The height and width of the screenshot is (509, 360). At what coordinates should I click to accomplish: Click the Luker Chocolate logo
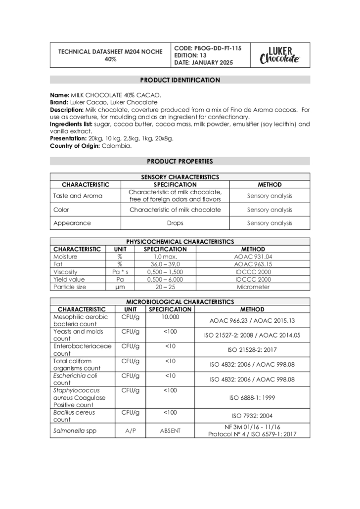(279, 55)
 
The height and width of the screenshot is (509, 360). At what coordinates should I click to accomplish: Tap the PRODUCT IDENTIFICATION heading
(180, 80)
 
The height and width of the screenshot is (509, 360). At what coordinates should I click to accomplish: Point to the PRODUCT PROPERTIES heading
(180, 162)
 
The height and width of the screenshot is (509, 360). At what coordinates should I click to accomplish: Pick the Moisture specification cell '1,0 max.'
(165, 257)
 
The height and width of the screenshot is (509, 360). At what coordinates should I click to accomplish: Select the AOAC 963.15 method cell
(253, 264)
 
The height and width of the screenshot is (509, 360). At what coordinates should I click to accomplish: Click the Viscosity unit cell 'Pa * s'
(120, 272)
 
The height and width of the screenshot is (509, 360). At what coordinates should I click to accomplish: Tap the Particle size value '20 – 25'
(165, 287)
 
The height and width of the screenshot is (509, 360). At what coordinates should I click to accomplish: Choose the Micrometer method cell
(253, 287)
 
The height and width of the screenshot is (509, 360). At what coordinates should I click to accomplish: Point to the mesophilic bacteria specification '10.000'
(170, 317)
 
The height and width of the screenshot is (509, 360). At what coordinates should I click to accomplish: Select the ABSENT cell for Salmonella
(170, 431)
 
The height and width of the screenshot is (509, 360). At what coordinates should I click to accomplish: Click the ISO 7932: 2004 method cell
(252, 416)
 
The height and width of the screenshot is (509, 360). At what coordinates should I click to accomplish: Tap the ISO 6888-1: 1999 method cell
(252, 397)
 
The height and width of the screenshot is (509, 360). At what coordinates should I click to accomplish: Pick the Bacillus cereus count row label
(74, 416)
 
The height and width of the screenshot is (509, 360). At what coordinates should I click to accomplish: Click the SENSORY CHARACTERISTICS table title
(180, 177)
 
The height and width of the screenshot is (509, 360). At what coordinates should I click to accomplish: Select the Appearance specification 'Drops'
(175, 223)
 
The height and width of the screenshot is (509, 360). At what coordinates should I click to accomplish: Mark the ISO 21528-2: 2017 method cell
(252, 350)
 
